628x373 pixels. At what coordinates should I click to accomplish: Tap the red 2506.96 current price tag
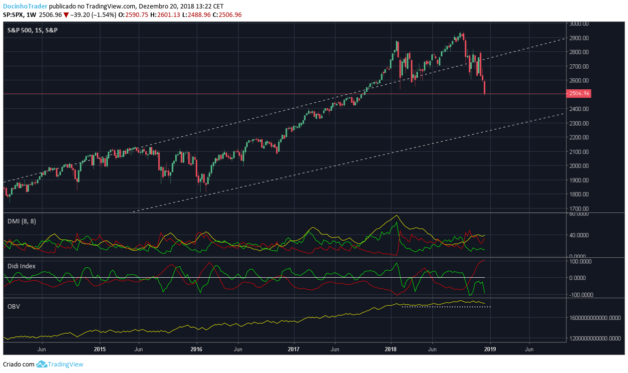pos(580,93)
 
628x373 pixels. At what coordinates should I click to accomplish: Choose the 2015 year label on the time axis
pos(100,350)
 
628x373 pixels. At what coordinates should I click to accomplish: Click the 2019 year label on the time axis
pos(490,350)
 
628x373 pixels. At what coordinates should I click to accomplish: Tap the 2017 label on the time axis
pos(295,350)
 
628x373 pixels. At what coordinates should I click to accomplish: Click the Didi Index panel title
pos(21,266)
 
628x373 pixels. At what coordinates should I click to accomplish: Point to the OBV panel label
pos(13,306)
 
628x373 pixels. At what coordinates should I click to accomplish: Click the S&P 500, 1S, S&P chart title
pos(32,30)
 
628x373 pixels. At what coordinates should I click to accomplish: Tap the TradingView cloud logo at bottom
pos(41,364)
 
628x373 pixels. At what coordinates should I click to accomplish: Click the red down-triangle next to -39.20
pos(66,15)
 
